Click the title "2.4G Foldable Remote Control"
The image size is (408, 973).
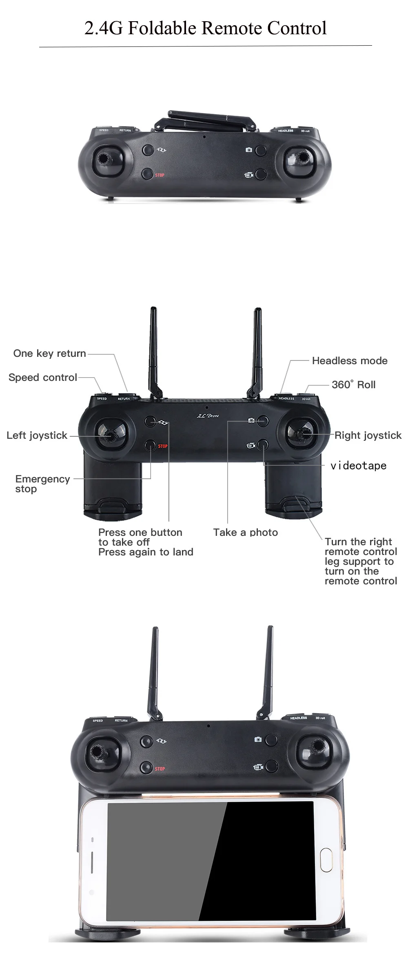205,28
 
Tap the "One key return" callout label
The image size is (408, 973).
49,354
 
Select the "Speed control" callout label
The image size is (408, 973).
43,378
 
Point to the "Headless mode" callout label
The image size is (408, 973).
350,361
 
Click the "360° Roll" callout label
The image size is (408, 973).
353,385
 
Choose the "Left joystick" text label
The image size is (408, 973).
37,436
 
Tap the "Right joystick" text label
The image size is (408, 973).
368,436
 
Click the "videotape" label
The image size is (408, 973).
358,466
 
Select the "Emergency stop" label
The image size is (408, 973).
42,484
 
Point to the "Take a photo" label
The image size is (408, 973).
245,532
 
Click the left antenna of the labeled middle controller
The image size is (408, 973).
153,351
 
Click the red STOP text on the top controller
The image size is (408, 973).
160,175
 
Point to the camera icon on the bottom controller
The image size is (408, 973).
258,739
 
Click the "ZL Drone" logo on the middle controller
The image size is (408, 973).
208,416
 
